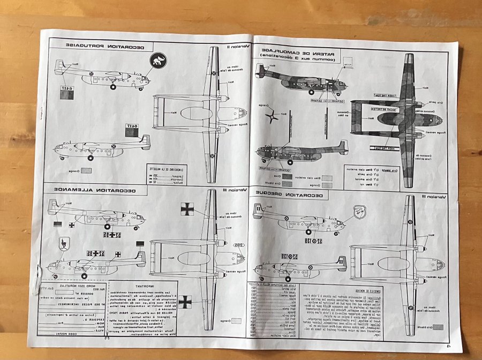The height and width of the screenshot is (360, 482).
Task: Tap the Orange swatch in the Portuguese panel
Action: (x=85, y=171)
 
